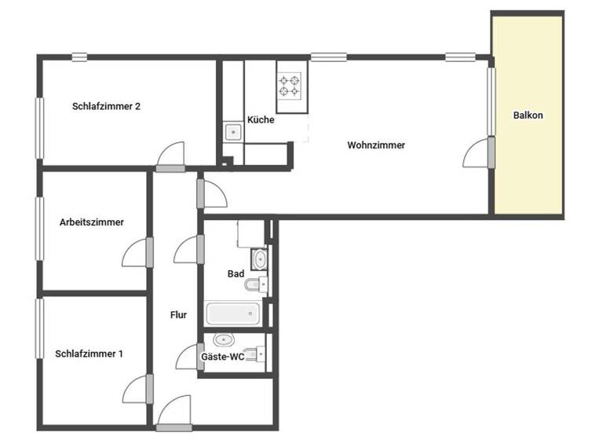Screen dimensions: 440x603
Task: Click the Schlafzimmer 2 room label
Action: click(x=106, y=106)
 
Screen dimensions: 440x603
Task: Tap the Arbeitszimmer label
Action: click(x=91, y=222)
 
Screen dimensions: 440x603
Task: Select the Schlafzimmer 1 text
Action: click(x=90, y=354)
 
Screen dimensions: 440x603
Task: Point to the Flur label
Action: click(x=178, y=315)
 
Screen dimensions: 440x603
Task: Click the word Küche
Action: click(x=261, y=120)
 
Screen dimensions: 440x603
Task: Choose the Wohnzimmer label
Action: click(x=376, y=145)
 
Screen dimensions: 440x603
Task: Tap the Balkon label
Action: click(x=528, y=115)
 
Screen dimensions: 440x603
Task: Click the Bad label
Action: click(x=236, y=273)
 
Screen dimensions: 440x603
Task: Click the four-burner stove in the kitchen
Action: click(x=290, y=84)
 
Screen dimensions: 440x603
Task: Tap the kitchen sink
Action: click(x=232, y=131)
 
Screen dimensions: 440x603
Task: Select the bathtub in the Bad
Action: click(x=232, y=314)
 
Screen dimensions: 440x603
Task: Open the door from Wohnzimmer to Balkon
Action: click(x=478, y=152)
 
